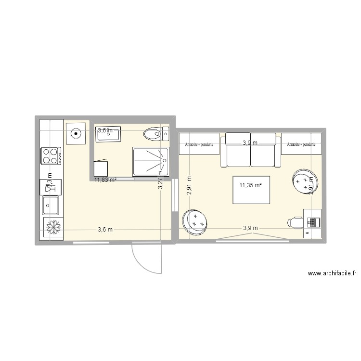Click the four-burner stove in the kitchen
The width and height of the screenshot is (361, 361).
click(x=51, y=155)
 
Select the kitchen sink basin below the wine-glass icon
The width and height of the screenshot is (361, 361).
click(x=51, y=205)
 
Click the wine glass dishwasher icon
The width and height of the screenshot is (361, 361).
click(x=51, y=185)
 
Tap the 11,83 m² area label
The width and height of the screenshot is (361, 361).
click(x=105, y=180)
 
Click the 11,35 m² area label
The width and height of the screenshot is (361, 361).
click(x=250, y=183)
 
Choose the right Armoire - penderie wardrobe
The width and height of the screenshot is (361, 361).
click(x=301, y=144)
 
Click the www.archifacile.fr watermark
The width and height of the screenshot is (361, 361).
click(x=332, y=274)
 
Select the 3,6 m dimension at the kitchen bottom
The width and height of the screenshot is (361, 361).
click(x=105, y=229)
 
